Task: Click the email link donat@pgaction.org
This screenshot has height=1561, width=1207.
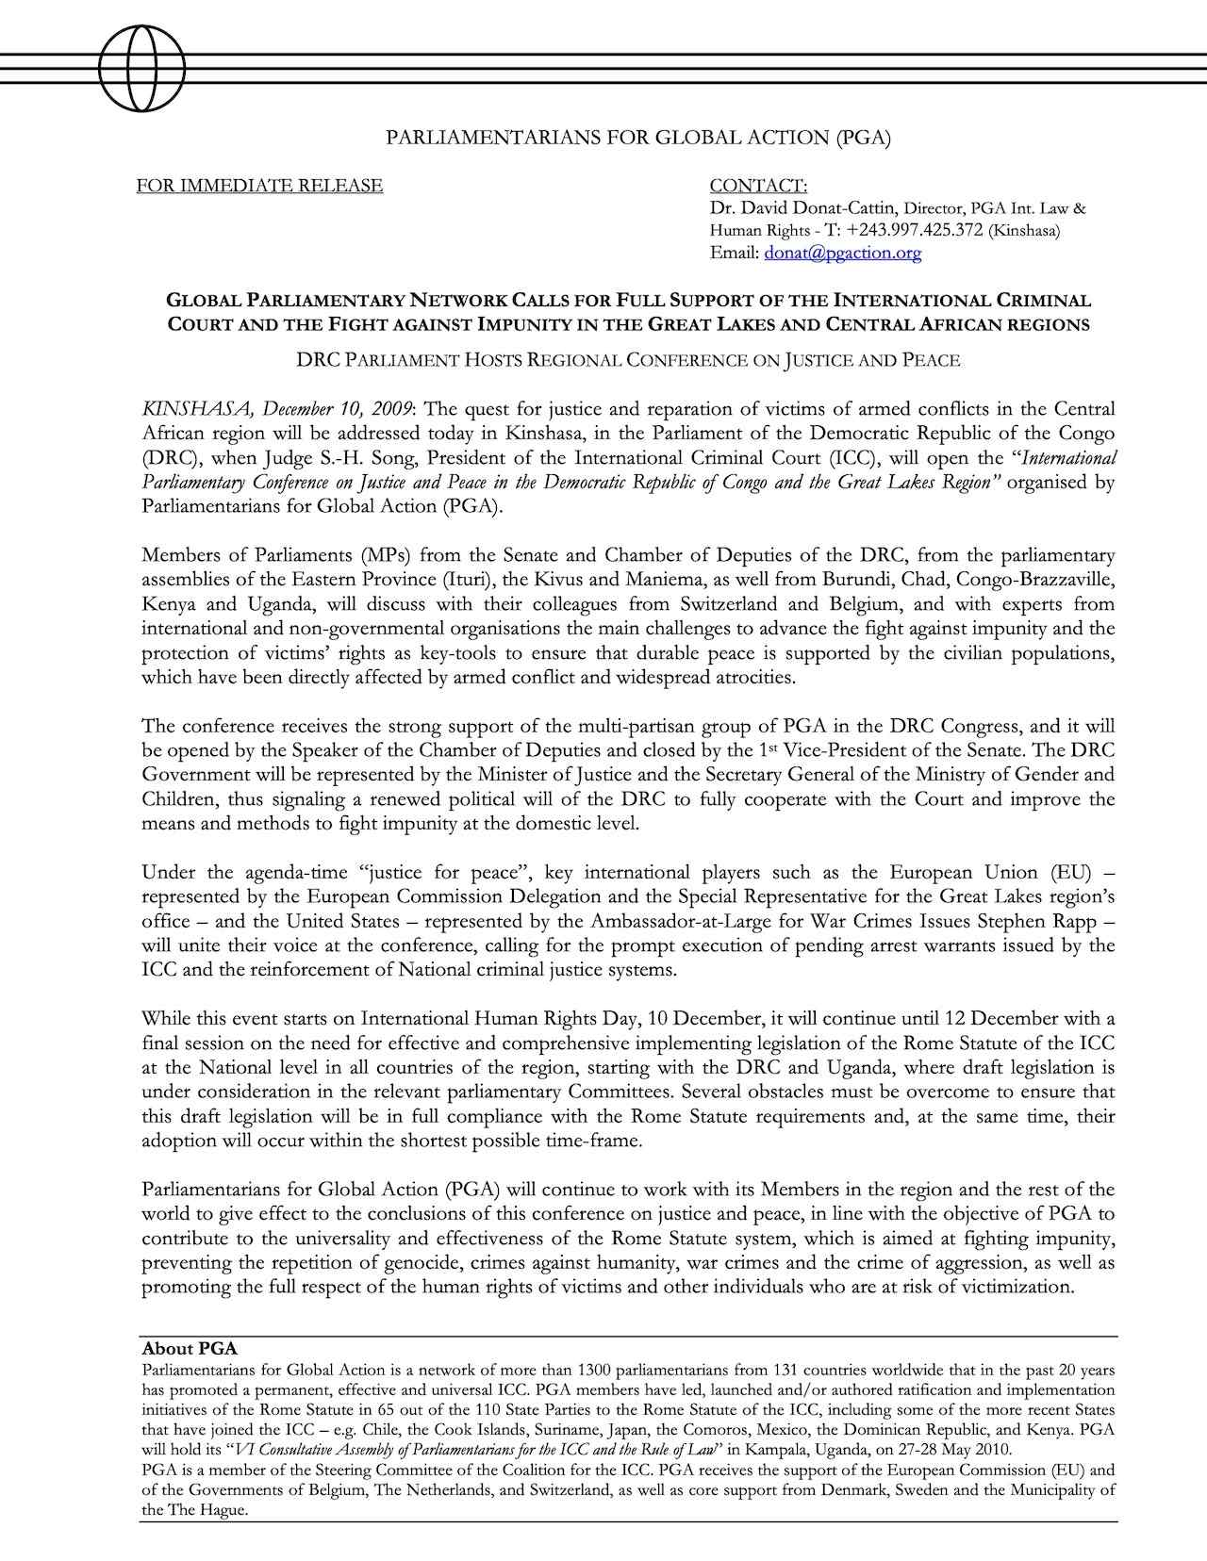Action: point(842,253)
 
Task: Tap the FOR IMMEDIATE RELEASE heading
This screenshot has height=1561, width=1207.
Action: point(259,186)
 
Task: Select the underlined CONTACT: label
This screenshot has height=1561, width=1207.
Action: point(757,186)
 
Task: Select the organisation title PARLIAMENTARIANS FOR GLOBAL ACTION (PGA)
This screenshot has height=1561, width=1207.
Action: point(638,138)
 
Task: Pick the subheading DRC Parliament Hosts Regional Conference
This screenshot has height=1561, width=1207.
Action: point(628,360)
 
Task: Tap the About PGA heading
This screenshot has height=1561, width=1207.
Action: point(190,1349)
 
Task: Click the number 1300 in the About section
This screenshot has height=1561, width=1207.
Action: point(594,1370)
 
